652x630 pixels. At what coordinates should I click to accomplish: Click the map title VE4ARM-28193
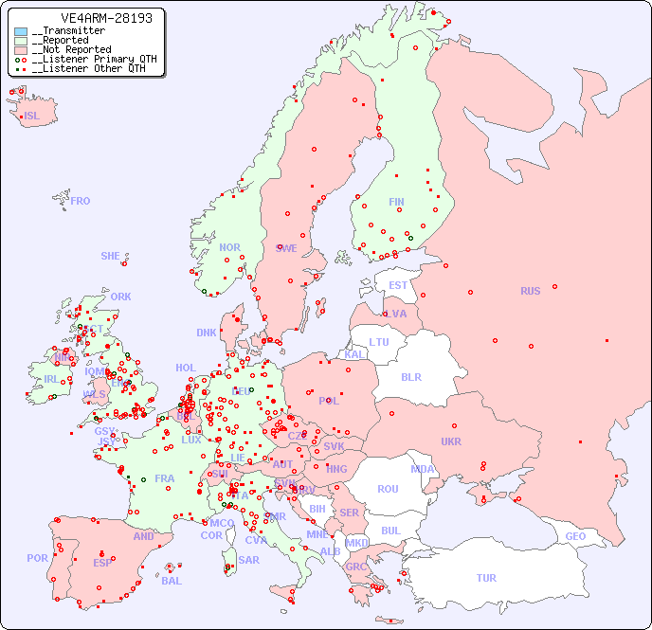93,18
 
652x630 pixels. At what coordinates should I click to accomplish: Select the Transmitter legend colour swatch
21,31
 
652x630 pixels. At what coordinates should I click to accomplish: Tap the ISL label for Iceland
32,117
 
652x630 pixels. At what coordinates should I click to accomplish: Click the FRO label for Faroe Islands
81,201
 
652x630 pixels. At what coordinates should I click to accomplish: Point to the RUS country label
530,291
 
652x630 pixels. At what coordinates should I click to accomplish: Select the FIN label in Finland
396,202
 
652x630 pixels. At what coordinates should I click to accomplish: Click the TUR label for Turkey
486,578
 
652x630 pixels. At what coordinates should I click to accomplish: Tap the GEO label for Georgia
575,536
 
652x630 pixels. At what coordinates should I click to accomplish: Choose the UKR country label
451,441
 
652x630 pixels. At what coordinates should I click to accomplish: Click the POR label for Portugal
37,558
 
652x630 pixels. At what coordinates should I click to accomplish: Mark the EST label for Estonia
398,285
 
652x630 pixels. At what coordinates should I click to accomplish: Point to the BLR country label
411,376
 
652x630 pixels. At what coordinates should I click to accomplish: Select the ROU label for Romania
388,489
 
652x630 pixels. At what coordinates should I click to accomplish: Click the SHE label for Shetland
111,256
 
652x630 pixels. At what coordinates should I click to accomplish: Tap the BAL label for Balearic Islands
172,581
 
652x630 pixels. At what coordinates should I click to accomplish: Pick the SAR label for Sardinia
249,559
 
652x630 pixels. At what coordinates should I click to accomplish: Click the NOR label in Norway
230,247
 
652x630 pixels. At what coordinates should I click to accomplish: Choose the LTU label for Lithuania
379,342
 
